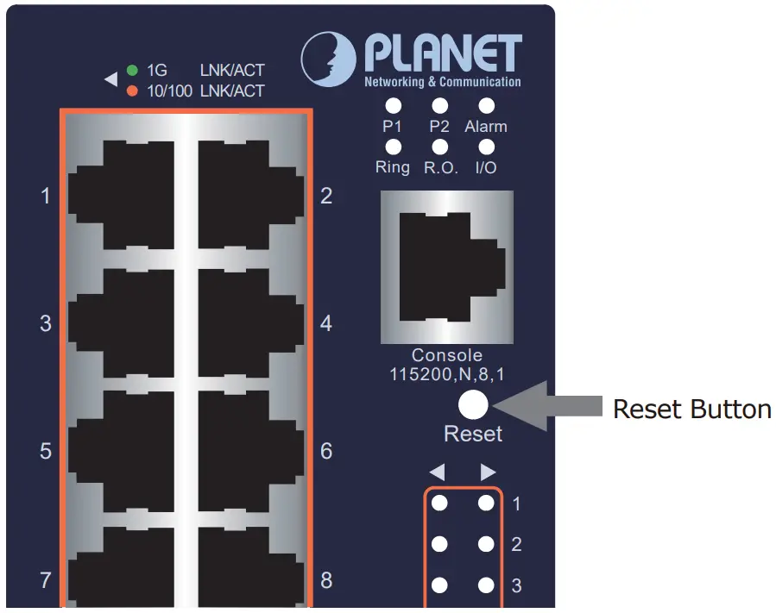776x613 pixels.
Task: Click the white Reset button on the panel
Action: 473,405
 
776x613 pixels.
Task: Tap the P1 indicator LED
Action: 393,106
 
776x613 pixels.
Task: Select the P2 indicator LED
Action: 440,106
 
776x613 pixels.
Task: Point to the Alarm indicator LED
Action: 486,106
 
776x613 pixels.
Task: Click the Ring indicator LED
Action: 393,147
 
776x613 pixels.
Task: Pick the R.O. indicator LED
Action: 440,147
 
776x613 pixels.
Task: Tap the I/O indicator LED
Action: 486,147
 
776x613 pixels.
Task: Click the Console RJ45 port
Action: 446,268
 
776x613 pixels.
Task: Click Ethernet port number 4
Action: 249,322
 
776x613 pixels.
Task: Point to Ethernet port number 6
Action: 249,449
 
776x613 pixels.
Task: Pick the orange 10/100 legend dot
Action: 133,91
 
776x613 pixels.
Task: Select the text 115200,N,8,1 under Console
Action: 446,373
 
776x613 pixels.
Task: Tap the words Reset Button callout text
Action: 691,409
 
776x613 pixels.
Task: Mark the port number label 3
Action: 46,324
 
